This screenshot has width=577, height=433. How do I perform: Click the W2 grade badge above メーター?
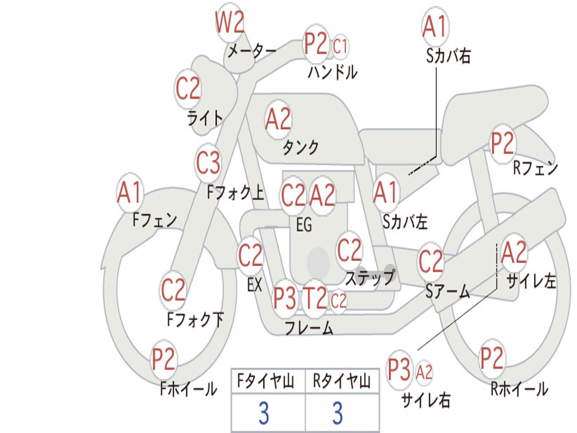coord(230,22)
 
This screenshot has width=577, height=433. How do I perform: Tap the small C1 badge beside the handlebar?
coord(340,47)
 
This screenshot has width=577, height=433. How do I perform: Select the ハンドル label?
coord(332,72)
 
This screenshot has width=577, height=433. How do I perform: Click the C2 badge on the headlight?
coord(188,89)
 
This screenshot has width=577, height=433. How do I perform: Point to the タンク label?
coord(301,147)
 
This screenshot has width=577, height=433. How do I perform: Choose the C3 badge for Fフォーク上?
coord(208,162)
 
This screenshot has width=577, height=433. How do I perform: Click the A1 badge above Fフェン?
coord(130,192)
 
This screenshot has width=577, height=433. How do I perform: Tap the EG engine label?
coord(304,224)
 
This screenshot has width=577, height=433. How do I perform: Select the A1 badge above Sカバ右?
coord(436,27)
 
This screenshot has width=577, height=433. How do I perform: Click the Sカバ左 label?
coord(405,222)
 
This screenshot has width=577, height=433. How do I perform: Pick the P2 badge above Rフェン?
coord(503,144)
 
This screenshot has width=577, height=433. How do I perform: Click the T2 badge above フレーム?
coord(314,298)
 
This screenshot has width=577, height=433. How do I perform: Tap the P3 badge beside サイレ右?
coord(400,369)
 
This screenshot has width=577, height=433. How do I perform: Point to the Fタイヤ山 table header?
coord(266,381)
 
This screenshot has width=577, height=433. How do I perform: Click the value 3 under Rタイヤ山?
coord(338,413)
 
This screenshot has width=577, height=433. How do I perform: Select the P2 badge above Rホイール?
coord(491,358)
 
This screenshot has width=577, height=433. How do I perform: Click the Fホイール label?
coord(188,389)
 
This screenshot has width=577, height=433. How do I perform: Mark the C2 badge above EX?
coord(250,255)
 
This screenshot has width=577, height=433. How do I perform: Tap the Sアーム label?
coord(448,291)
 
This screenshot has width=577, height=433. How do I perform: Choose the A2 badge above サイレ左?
coord(514,253)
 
